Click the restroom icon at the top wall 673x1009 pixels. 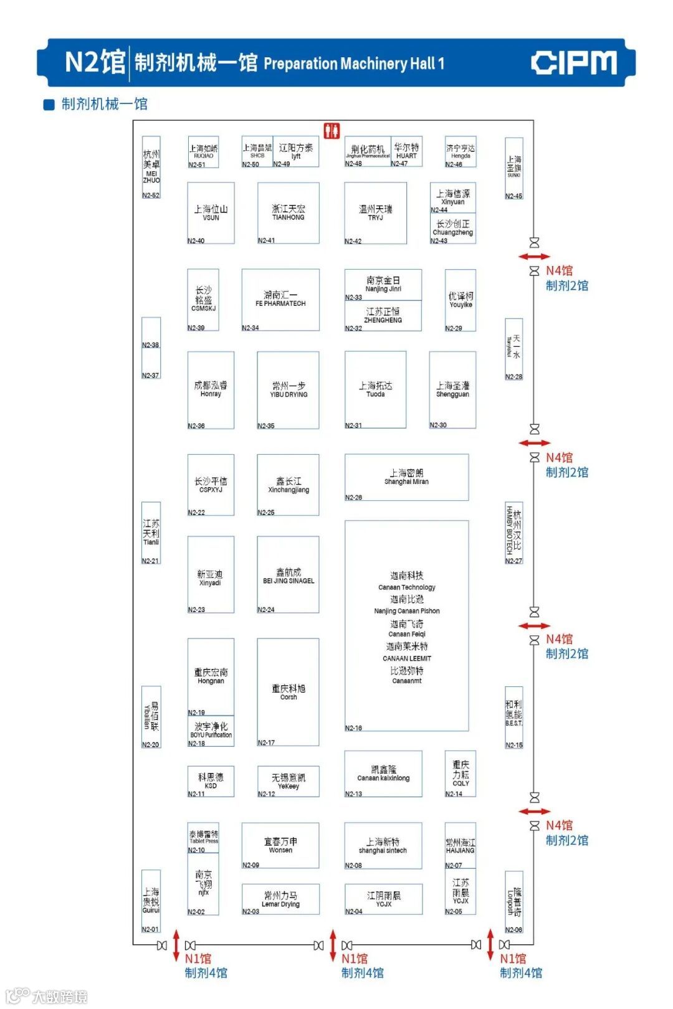pyautogui.click(x=332, y=130)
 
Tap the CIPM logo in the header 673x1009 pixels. pyautogui.click(x=574, y=63)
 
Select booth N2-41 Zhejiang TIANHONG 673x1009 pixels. pyautogui.click(x=289, y=212)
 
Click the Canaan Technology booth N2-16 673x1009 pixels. pyautogui.click(x=406, y=626)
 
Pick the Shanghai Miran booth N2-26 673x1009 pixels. pyautogui.click(x=406, y=477)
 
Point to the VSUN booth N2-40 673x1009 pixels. pyautogui.click(x=211, y=212)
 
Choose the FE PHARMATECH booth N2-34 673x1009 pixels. pyautogui.click(x=280, y=300)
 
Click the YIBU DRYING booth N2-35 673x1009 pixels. pyautogui.click(x=289, y=390)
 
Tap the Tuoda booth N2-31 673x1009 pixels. pyautogui.click(x=375, y=390)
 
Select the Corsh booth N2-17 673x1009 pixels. pyautogui.click(x=289, y=692)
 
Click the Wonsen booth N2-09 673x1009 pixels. pyautogui.click(x=280, y=845)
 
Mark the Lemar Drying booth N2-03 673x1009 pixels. pyautogui.click(x=280, y=899)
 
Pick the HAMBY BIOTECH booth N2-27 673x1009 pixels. pyautogui.click(x=513, y=533)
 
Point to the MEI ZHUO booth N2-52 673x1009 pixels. pyautogui.click(x=151, y=167)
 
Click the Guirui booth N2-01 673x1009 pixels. pyautogui.click(x=151, y=901)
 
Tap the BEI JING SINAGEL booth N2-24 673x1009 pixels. pyautogui.click(x=289, y=575)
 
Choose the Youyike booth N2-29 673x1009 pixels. pyautogui.click(x=461, y=300)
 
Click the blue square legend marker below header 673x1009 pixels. pyautogui.click(x=49, y=105)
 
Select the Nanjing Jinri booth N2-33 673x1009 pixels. pyautogui.click(x=383, y=285)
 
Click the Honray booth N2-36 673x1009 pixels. pyautogui.click(x=211, y=390)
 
